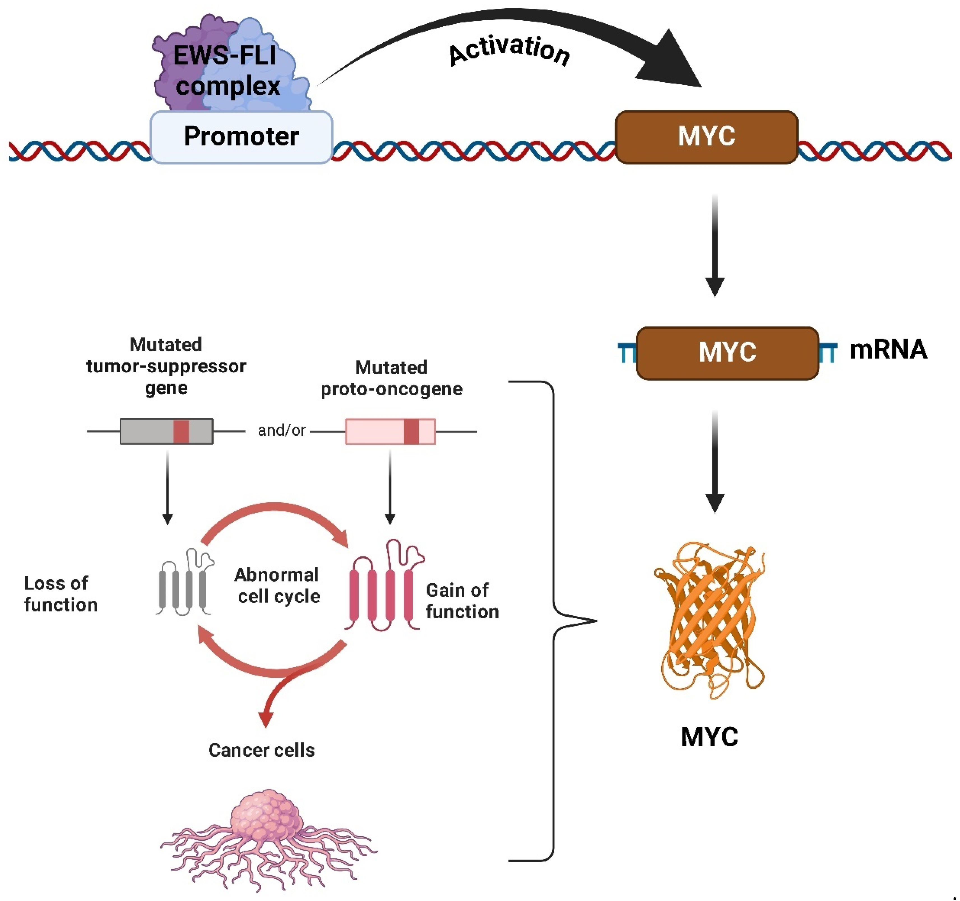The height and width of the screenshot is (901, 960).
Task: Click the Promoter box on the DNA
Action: point(242,137)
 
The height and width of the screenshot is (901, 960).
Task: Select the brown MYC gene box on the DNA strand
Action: point(706,137)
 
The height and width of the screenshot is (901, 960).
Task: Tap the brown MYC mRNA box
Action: point(727,353)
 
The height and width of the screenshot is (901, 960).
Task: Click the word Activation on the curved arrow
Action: point(509,51)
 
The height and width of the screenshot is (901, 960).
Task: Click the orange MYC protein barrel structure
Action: point(710,621)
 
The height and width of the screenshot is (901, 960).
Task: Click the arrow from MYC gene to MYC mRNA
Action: point(715,245)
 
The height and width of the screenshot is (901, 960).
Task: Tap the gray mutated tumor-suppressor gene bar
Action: point(167,431)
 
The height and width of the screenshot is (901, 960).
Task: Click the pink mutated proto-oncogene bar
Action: point(390,431)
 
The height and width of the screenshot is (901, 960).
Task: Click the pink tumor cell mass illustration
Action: point(268,840)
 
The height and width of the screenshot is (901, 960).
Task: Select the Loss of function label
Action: point(60,594)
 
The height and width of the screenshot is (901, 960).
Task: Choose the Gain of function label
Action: point(462,601)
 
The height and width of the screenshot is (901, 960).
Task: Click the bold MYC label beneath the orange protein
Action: point(709,737)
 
